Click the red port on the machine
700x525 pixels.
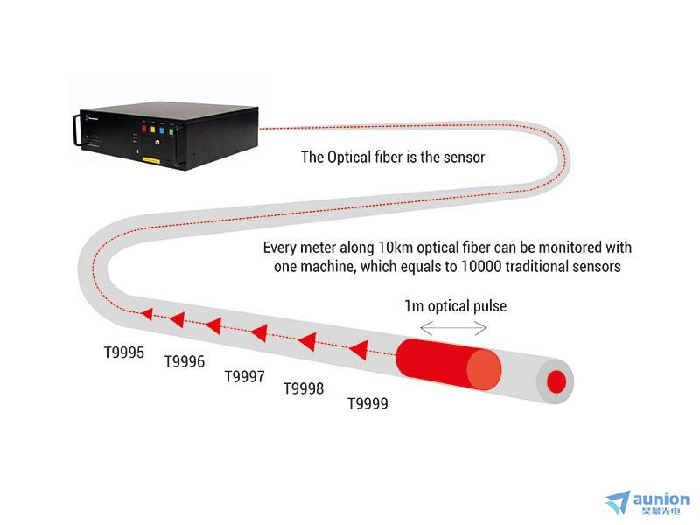[143, 129]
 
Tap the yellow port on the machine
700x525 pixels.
[152, 129]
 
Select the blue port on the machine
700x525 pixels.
[162, 130]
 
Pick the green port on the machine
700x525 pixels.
[171, 132]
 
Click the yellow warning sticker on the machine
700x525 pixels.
[150, 159]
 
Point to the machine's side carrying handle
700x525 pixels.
[77, 129]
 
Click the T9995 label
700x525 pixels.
[124, 353]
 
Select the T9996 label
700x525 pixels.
[185, 361]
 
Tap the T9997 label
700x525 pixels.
[244, 377]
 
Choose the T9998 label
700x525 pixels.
[304, 388]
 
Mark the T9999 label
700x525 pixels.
[367, 404]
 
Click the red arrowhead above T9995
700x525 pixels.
[147, 314]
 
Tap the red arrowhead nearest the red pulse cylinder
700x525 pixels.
[359, 350]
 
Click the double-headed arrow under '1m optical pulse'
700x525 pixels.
[453, 329]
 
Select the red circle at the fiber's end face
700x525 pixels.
[556, 382]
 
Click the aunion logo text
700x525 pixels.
[661, 499]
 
